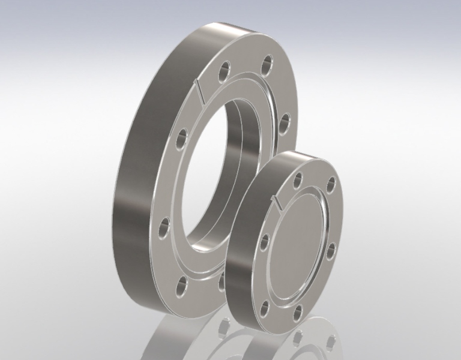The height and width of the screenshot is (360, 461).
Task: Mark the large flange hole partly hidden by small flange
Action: (x=221, y=280)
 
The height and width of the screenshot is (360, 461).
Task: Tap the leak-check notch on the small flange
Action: (x=277, y=203)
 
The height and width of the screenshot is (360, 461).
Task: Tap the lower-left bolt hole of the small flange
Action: (x=264, y=308)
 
